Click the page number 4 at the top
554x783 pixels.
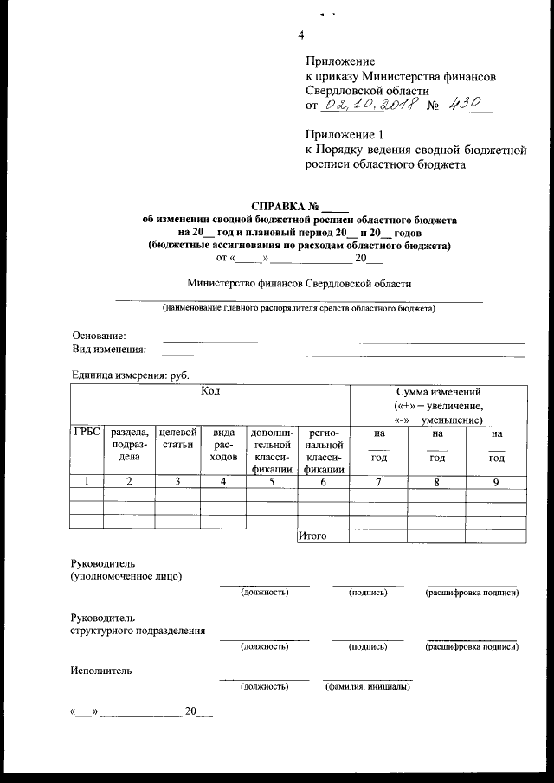pyautogui.click(x=300, y=35)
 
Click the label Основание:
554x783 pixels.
pyautogui.click(x=99, y=336)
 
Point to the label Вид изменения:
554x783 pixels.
pyautogui.click(x=107, y=350)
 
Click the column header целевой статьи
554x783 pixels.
pyautogui.click(x=177, y=438)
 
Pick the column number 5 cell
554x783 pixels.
pyautogui.click(x=271, y=483)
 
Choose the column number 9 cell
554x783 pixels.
pyautogui.click(x=495, y=483)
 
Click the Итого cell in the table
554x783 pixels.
pyautogui.click(x=312, y=536)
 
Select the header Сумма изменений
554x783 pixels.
pyautogui.click(x=437, y=392)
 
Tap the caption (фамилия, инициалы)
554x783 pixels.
pyautogui.click(x=367, y=687)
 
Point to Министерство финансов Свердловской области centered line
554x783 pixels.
pyautogui.click(x=300, y=283)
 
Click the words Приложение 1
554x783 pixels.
pyautogui.click(x=344, y=134)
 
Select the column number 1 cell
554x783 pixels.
pyautogui.click(x=86, y=483)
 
